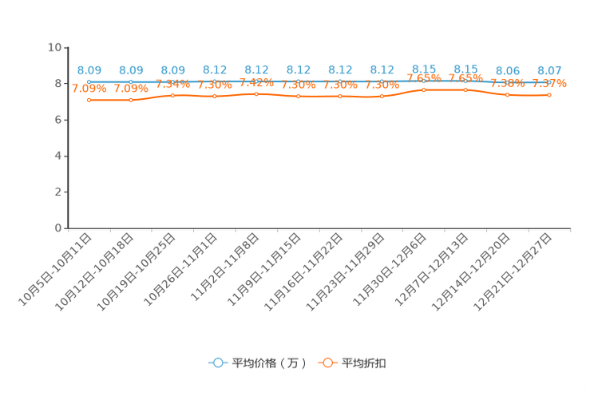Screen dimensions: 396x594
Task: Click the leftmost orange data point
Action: (x=89, y=100)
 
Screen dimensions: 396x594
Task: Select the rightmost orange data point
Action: (x=549, y=94)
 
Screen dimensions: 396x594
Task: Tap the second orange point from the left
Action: (x=131, y=101)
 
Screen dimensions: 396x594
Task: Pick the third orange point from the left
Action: (x=172, y=95)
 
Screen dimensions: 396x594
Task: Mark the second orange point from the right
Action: (x=507, y=94)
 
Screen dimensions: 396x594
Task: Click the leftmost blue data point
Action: (x=89, y=81)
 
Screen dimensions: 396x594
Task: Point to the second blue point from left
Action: (x=131, y=81)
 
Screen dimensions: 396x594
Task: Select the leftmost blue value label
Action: (x=89, y=70)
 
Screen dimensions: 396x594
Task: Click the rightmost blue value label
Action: (x=549, y=70)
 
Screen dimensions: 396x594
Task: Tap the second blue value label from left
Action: (x=131, y=70)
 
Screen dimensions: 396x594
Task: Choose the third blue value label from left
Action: (x=172, y=70)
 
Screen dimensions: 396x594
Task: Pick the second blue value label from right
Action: (x=507, y=70)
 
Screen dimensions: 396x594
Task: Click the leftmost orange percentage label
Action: (x=89, y=89)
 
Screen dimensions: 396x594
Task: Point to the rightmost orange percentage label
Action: (x=550, y=83)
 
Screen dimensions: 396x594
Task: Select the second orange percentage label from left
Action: (x=131, y=89)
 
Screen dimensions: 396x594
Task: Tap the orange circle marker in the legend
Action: (x=327, y=362)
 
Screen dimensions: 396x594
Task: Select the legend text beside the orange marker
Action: (x=365, y=363)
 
